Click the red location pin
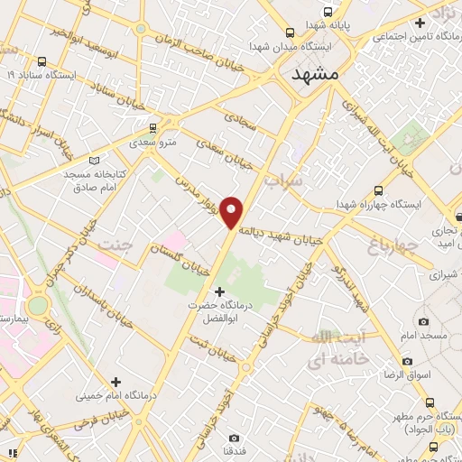click(233, 211)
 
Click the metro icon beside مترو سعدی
click(154, 128)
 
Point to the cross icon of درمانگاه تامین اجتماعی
click(420, 22)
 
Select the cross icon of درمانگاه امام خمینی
click(115, 381)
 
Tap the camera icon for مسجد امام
click(423, 321)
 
